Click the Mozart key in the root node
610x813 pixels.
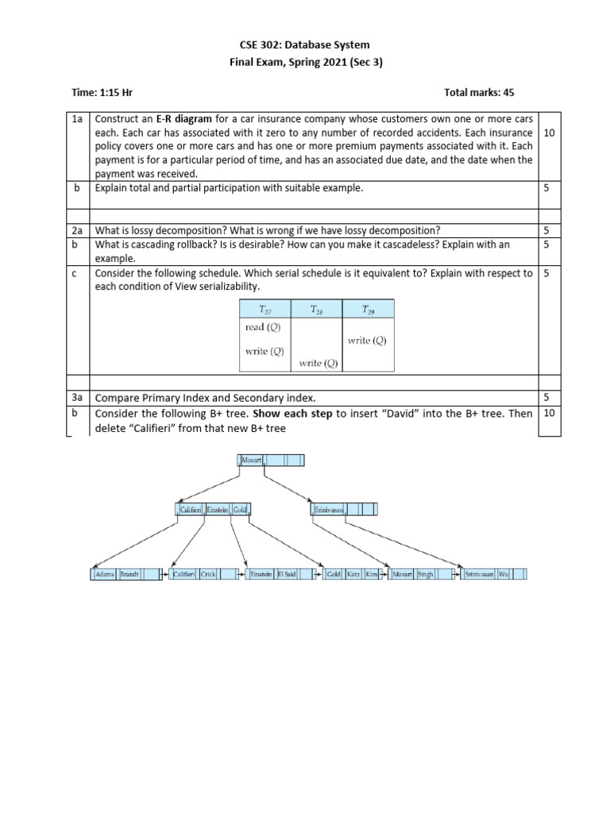(x=251, y=460)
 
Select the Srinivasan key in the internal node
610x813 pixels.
(x=328, y=511)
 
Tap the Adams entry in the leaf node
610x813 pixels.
(x=105, y=574)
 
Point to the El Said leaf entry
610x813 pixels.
(x=287, y=574)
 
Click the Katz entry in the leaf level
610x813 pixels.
(x=353, y=574)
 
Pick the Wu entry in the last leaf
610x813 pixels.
(x=504, y=574)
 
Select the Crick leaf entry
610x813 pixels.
(x=208, y=574)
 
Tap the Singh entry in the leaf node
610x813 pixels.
(x=426, y=574)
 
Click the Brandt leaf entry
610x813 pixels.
(x=129, y=574)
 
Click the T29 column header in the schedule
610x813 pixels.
(x=369, y=310)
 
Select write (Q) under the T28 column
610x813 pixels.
(x=319, y=364)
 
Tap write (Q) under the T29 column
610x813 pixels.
(x=367, y=341)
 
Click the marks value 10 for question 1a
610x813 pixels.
(x=549, y=132)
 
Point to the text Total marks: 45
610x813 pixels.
(x=485, y=93)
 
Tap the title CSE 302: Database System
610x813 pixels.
(x=305, y=45)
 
